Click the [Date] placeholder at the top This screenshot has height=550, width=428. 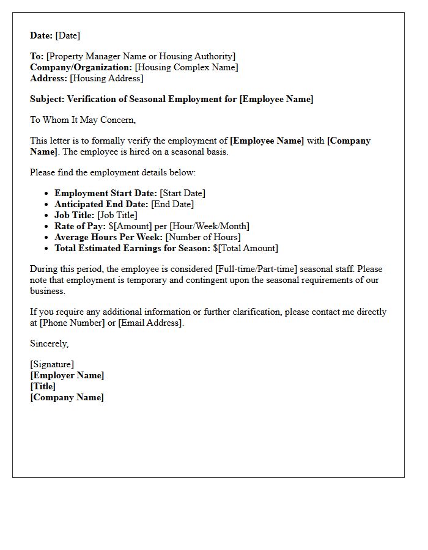(68, 35)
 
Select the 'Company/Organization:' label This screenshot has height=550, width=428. (81, 67)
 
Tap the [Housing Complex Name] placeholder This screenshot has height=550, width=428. (186, 67)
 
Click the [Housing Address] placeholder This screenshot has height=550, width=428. (106, 78)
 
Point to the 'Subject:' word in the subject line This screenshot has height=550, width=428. (47, 99)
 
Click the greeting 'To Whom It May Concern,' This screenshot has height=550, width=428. (83, 120)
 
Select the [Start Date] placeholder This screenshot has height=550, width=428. (183, 193)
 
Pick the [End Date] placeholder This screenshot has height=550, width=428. (172, 204)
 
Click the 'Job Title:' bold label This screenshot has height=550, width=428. (75, 215)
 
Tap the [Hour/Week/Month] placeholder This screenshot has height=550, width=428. (209, 226)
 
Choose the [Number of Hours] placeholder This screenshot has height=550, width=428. (203, 237)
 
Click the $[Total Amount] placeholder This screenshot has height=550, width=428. (245, 248)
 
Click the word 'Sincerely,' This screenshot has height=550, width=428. (50, 343)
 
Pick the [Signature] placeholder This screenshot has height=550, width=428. (52, 364)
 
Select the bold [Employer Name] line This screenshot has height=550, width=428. (67, 375)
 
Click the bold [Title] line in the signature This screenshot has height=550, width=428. (43, 386)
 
